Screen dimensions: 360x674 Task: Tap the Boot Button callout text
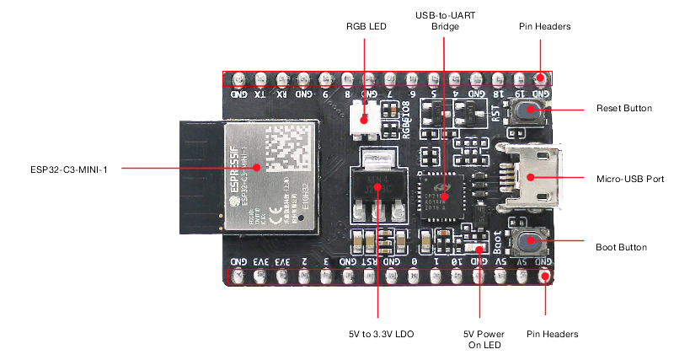pyautogui.click(x=621, y=247)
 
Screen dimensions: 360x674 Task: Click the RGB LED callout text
pyautogui.click(x=365, y=27)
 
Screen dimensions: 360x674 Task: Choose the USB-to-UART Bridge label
pyautogui.click(x=445, y=21)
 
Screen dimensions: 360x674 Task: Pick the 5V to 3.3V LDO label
pyautogui.click(x=377, y=335)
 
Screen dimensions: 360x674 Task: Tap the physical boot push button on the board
pyautogui.click(x=530, y=243)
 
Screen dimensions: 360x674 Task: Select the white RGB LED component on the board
pyautogui.click(x=366, y=117)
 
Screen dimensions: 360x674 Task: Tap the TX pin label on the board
pyautogui.click(x=260, y=94)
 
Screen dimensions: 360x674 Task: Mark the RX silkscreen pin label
pyautogui.click(x=282, y=94)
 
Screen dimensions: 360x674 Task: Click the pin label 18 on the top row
pyautogui.click(x=499, y=94)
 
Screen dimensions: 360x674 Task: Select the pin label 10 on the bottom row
pyautogui.click(x=455, y=262)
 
